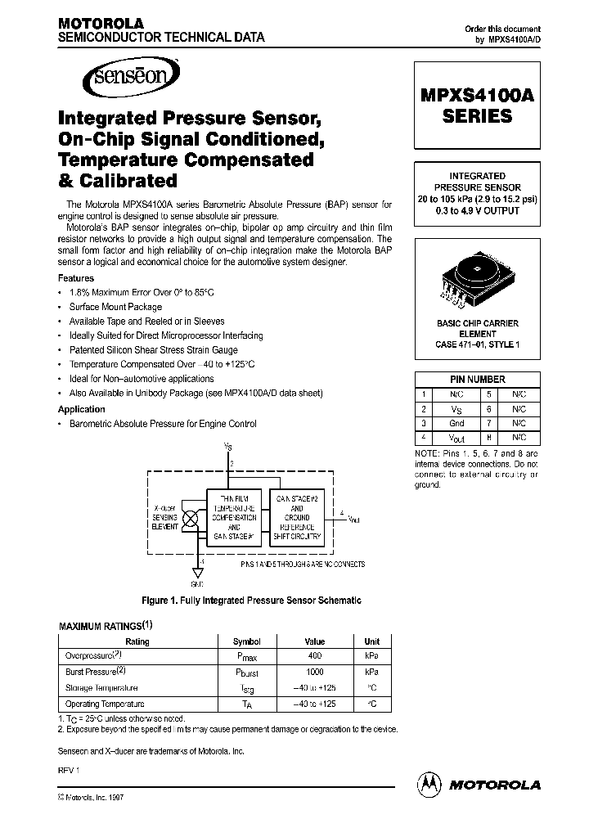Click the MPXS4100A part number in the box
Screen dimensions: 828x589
[478, 95]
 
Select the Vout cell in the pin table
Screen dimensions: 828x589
[456, 438]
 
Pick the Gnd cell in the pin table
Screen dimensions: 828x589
[456, 423]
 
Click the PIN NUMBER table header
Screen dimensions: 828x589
[477, 379]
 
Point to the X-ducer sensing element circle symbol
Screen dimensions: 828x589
[193, 518]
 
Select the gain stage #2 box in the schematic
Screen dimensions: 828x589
[297, 518]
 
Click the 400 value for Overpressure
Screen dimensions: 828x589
[314, 656]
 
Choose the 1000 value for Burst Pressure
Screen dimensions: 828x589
[314, 672]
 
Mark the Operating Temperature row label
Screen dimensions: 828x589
[105, 704]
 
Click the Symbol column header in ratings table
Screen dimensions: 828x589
[246, 641]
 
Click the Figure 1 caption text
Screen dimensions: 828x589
[251, 601]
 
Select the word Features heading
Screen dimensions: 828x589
[76, 278]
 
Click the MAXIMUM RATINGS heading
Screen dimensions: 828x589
[104, 626]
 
